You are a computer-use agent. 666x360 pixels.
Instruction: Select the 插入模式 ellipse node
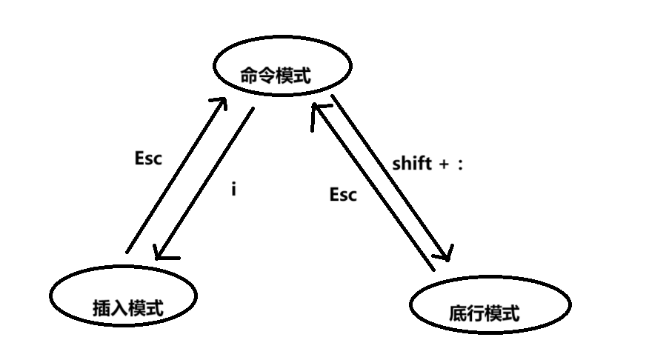pos(124,295)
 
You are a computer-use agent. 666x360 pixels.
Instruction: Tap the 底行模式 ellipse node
pos(490,306)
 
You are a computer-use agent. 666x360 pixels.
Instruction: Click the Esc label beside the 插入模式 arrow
pos(148,158)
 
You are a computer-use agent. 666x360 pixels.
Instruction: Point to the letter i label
pos(233,190)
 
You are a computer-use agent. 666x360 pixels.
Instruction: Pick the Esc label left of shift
pos(343,195)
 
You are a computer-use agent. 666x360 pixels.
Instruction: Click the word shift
pos(412,164)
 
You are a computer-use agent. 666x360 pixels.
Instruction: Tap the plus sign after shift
pos(444,164)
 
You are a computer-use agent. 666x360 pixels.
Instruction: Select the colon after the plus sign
pos(460,165)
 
